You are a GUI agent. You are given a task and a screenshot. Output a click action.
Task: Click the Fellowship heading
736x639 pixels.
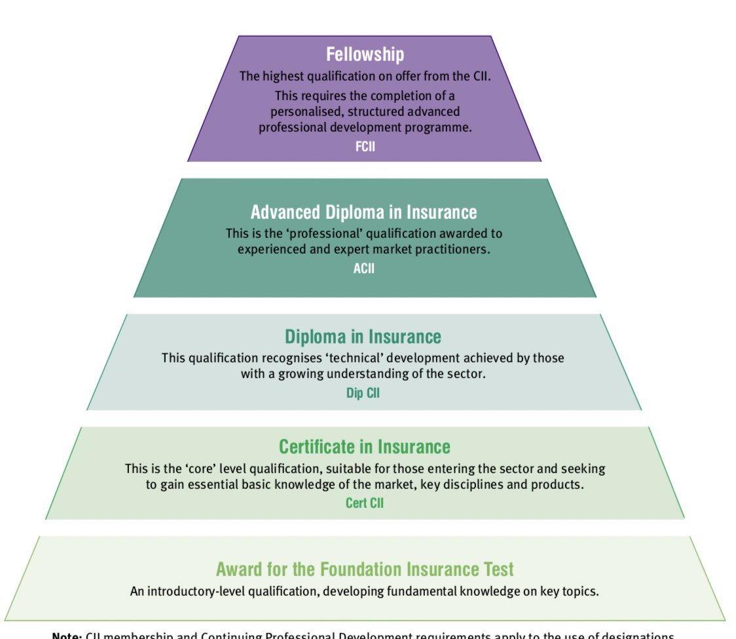(x=365, y=54)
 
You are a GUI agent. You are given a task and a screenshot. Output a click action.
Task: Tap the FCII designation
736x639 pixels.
(x=365, y=147)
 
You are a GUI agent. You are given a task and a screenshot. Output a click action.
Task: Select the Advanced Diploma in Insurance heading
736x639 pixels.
(x=364, y=212)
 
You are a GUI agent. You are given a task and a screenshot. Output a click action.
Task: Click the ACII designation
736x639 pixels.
(x=364, y=268)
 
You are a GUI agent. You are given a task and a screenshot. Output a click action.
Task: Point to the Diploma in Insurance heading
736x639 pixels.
(x=363, y=337)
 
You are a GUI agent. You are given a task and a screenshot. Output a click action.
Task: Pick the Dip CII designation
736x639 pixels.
(x=363, y=394)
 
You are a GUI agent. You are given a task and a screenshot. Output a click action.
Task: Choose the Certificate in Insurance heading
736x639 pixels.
(x=365, y=447)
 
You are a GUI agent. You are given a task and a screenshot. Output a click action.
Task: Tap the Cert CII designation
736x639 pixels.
(x=365, y=503)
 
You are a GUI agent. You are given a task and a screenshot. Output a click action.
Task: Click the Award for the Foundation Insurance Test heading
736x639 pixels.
(x=365, y=568)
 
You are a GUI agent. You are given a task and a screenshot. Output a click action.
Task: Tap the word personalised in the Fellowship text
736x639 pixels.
(x=306, y=111)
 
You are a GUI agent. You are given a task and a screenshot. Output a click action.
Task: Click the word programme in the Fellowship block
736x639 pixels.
(x=438, y=128)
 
